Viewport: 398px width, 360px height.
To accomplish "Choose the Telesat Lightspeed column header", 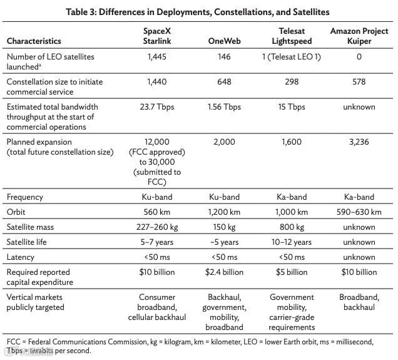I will click(x=292, y=36).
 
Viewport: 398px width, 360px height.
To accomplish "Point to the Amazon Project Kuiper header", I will click(x=359, y=36).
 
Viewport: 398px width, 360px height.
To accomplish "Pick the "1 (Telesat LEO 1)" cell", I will click(x=292, y=56).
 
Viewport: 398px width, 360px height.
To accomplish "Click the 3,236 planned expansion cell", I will click(x=359, y=142).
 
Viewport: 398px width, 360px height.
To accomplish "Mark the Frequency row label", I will click(x=24, y=197).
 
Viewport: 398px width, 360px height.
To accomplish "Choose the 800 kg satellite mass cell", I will click(x=292, y=227).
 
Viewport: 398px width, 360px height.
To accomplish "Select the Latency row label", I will click(x=21, y=257).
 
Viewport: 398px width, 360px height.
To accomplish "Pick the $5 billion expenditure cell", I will click(x=292, y=272).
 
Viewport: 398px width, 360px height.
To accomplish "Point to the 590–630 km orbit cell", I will click(x=359, y=212).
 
